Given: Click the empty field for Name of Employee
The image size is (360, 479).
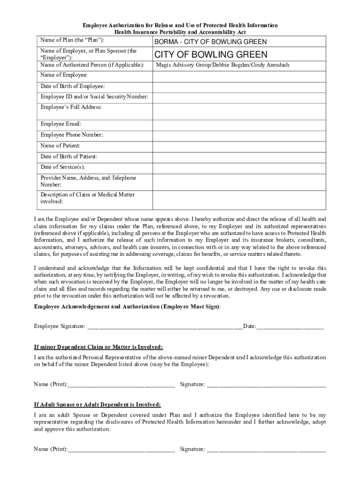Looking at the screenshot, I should pos(238,75).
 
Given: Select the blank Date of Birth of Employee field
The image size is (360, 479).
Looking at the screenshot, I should pos(238,87).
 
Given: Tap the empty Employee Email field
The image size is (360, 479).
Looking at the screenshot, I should pos(238,124).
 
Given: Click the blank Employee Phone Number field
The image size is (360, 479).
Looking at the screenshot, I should pos(238,135).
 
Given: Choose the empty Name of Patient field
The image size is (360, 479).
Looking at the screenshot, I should pos(238,146).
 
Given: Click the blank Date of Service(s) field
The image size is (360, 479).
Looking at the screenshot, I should pos(238,167).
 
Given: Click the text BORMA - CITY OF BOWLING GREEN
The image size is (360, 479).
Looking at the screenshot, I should pos(210,42).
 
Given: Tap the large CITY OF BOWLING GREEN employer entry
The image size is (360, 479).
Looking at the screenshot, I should pos(211,54).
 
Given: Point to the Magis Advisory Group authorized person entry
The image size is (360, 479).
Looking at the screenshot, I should pos(222,65).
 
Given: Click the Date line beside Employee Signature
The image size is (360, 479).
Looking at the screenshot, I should pos(290,326).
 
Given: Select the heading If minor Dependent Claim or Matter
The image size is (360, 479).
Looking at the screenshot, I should pos(99,347).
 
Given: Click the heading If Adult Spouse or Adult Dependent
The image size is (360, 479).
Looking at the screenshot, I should pos(97,405).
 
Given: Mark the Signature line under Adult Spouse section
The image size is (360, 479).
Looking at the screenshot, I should pos(266,450).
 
